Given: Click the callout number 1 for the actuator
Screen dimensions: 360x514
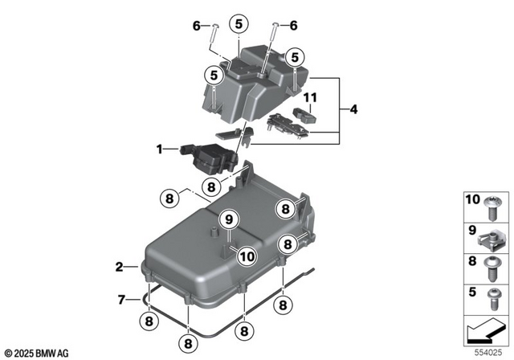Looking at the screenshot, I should [160, 149].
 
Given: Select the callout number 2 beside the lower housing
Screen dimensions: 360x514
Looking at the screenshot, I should [119, 265].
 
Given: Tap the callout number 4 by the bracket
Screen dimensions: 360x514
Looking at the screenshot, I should [354, 108].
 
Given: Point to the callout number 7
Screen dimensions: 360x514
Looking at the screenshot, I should [121, 300].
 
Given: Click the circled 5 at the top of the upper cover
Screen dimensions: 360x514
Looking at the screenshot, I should [238, 25].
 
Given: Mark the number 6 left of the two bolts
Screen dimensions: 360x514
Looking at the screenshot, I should [196, 26].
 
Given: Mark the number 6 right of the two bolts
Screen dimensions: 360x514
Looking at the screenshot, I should [292, 26].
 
